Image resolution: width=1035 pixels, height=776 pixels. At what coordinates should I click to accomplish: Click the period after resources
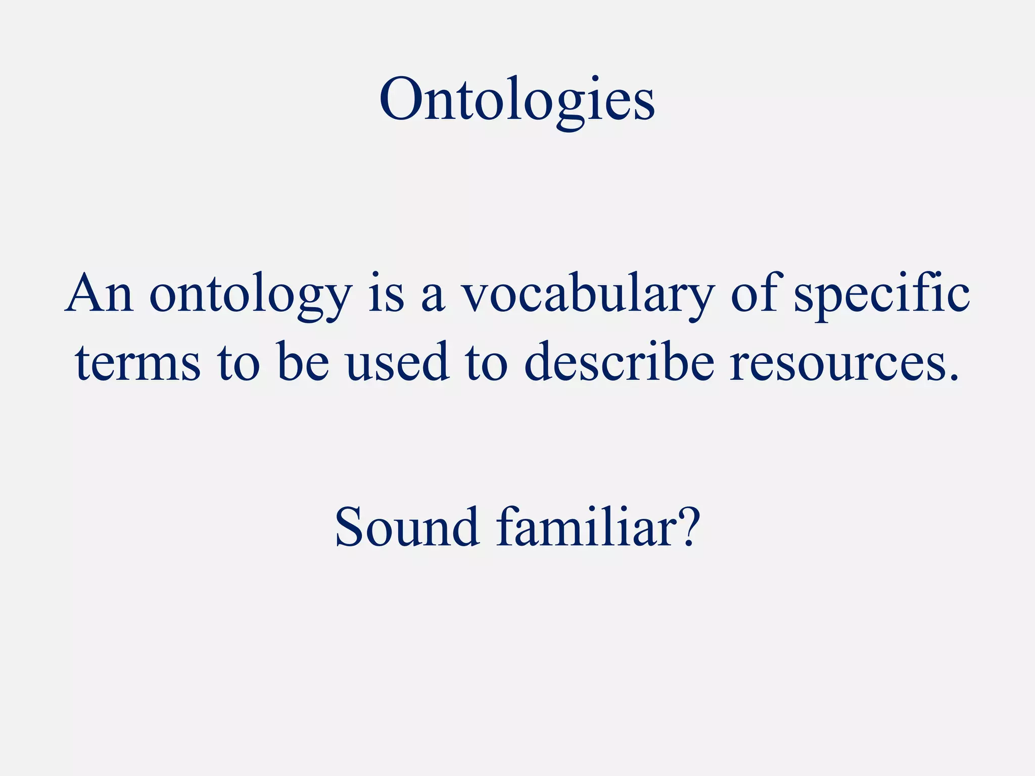[x=953, y=376]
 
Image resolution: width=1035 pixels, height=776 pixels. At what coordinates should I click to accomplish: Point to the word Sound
[x=407, y=528]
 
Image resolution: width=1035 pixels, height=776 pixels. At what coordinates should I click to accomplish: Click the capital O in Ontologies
[x=400, y=100]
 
